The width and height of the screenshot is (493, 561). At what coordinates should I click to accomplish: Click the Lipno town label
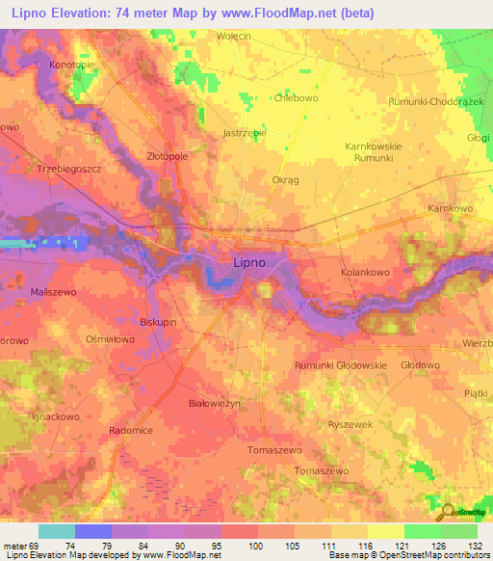(249, 261)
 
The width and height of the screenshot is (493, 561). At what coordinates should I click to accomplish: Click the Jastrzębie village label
(244, 133)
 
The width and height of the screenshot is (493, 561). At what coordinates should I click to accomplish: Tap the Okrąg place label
(286, 179)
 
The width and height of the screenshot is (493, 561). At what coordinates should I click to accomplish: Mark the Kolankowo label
(365, 274)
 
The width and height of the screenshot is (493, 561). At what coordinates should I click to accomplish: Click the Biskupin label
(158, 322)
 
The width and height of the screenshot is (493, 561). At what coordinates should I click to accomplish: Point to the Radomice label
(131, 431)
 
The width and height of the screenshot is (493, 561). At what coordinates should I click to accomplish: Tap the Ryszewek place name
(350, 424)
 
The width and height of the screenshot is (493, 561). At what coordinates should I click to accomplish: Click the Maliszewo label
(53, 291)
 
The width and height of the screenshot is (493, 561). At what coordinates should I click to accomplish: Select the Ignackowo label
(55, 417)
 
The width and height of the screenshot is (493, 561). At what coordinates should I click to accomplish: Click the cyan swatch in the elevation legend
(56, 531)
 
